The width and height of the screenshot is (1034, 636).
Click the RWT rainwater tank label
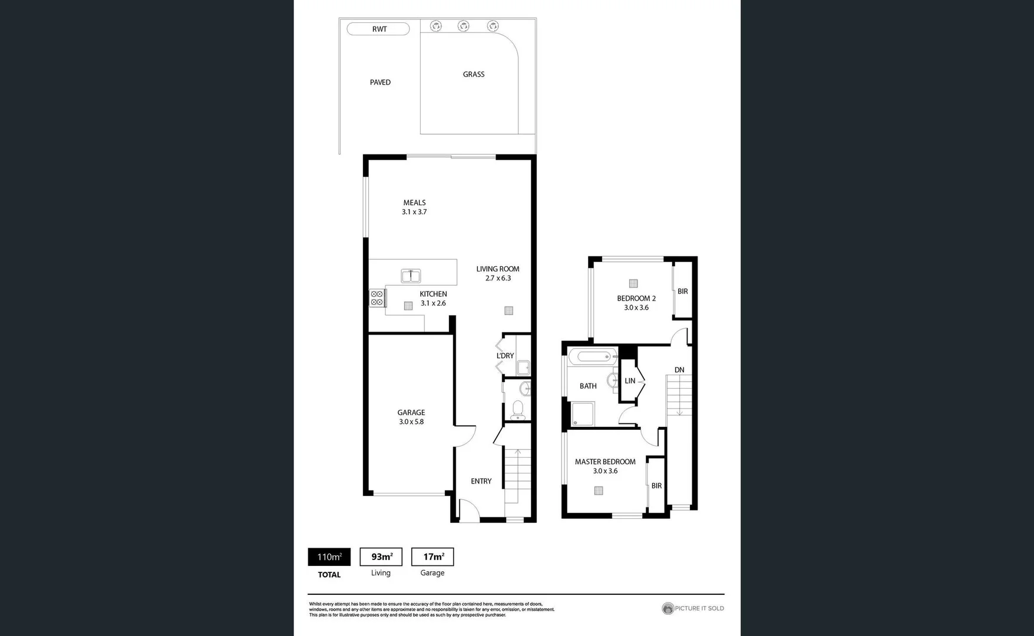click(379, 29)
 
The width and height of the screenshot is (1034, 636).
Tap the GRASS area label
click(474, 74)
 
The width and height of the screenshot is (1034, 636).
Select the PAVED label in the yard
click(380, 82)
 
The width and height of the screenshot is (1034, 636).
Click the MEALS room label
click(414, 203)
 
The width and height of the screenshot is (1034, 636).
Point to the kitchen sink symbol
click(411, 276)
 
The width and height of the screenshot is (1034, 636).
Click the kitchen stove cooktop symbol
click(377, 298)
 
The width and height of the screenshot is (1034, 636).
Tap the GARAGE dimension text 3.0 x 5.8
click(411, 422)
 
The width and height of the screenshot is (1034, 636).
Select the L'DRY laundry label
click(505, 356)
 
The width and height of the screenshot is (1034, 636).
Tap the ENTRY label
click(481, 481)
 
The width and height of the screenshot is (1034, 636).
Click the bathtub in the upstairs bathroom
click(593, 356)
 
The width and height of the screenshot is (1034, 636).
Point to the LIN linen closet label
click(630, 381)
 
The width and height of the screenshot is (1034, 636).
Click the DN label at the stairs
click(679, 370)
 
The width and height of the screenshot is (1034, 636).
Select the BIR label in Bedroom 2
click(682, 291)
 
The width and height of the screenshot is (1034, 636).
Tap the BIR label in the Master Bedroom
click(656, 486)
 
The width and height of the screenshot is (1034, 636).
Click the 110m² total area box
click(329, 556)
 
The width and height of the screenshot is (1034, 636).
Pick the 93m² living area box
click(381, 556)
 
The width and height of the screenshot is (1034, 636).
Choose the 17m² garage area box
click(432, 556)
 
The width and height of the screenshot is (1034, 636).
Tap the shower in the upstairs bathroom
click(583, 414)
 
